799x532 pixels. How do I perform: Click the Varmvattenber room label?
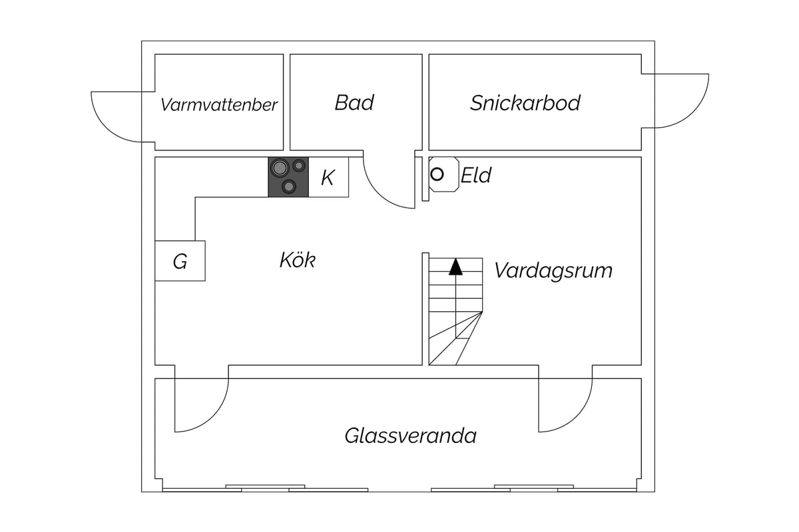pos(218,105)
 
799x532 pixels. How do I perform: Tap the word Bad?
pos(354,102)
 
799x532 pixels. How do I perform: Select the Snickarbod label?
pos(525,103)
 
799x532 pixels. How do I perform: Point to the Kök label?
pos(298,260)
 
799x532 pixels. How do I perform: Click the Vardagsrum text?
pos(553,271)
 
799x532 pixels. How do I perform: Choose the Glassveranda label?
pos(411,436)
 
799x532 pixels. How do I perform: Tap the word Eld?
pos(476,175)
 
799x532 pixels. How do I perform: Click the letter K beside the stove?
pos(328,178)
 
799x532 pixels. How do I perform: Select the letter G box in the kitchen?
pos(180,261)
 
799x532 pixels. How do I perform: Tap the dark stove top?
pos(288,177)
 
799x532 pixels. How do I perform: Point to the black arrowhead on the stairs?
pos(455,267)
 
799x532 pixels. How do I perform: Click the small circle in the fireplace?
pos(437,175)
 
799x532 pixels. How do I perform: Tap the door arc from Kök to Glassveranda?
pos(213,416)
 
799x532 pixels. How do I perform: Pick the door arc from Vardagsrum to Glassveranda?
pos(577,416)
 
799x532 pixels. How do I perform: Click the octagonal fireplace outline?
pos(444,174)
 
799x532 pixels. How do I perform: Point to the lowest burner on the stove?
pos(288,186)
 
